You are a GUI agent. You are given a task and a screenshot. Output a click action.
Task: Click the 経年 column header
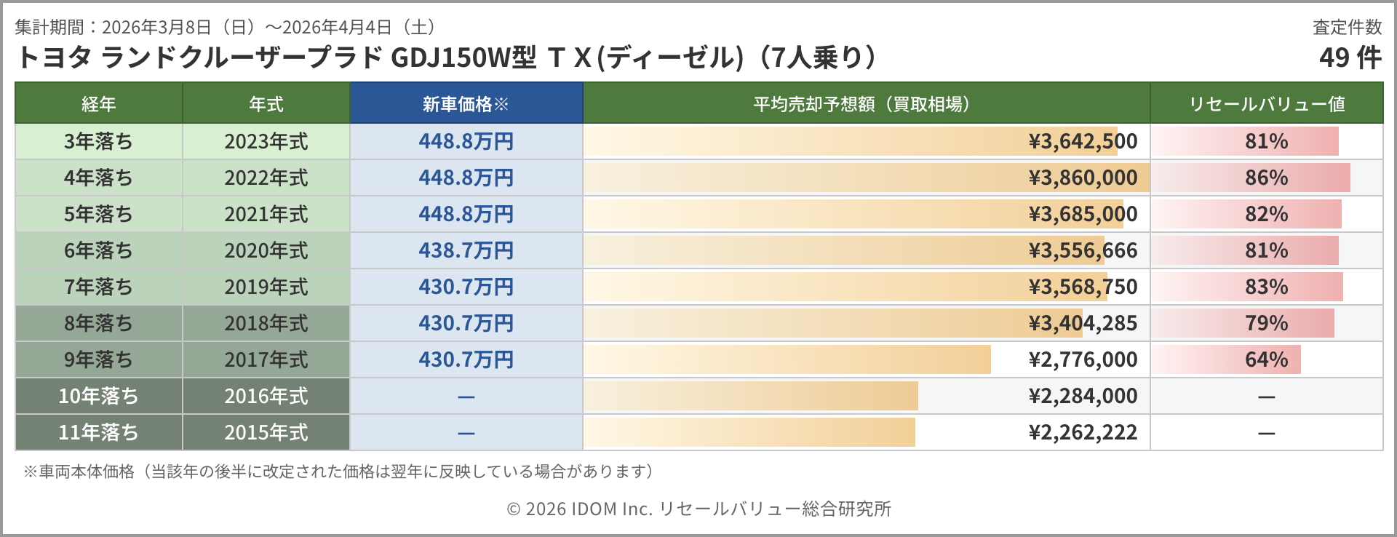coord(98,104)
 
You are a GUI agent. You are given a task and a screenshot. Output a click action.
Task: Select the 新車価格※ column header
coord(466,104)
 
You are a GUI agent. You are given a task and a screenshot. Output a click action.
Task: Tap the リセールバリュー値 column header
coord(1266,104)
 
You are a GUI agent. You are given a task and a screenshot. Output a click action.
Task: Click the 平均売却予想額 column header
coord(866,104)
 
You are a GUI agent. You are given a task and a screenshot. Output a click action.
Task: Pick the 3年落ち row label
coord(98,141)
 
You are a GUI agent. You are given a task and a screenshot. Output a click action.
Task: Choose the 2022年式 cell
coord(266,178)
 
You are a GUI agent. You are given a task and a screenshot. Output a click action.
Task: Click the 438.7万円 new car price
coord(466,250)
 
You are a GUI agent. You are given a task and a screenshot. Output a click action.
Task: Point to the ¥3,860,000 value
coord(1083,178)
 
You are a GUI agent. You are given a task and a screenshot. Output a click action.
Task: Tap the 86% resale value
coord(1266,178)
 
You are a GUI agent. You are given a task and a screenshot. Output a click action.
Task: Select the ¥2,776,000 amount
coord(1083,359)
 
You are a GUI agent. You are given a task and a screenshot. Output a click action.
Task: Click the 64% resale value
coord(1266,359)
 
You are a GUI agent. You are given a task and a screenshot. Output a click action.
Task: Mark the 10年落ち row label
coord(98,396)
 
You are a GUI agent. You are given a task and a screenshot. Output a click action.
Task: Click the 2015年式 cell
coord(266,432)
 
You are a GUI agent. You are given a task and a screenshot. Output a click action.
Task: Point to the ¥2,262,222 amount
coord(1083,432)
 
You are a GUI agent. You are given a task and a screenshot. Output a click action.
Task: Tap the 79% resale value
coord(1266,323)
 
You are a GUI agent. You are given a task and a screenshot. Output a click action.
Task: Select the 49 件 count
coord(1350,57)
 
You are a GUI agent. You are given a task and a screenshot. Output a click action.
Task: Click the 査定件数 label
coord(1347,27)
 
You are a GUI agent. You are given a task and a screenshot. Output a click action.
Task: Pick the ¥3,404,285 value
coord(1083,323)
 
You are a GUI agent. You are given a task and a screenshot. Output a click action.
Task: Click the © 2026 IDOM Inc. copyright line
coord(698,509)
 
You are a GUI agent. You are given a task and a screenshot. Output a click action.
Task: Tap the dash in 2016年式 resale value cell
coord(1266,397)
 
